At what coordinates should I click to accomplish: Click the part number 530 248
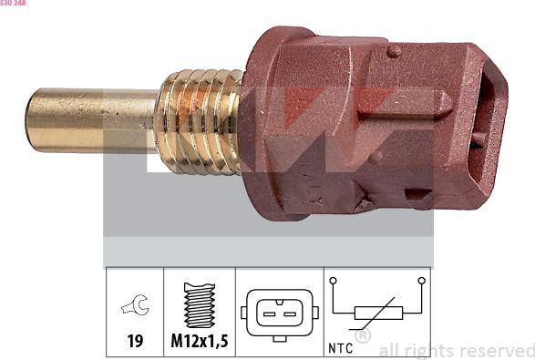pos(13,4)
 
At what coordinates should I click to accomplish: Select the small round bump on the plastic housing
pos(394,51)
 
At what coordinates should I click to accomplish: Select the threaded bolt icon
pos(198,305)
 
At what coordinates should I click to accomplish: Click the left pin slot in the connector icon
pos(269,313)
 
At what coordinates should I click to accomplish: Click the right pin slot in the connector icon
pos(290,313)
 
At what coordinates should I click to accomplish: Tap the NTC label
pos(340,347)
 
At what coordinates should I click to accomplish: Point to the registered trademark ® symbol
pos(362,336)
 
